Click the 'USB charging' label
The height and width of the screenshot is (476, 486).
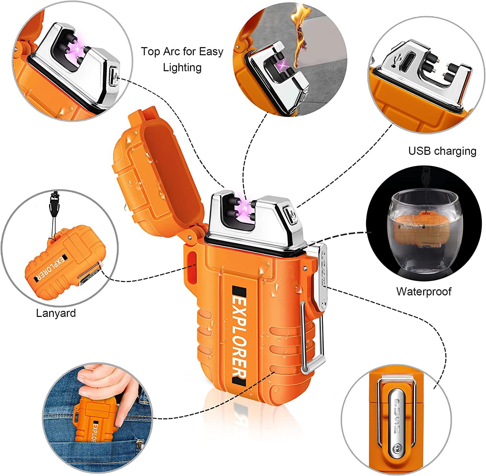tap(442, 151)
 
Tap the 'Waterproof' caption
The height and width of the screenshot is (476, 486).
tap(423, 291)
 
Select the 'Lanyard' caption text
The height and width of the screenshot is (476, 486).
tap(56, 313)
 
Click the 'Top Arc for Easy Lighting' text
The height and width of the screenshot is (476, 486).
tap(182, 59)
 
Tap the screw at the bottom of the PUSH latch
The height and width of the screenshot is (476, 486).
tap(397, 448)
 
